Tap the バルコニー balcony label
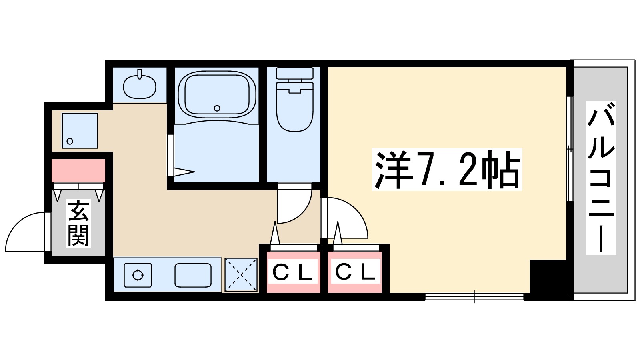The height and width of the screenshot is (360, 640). tap(601, 178)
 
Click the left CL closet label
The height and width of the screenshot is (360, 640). tap(293, 273)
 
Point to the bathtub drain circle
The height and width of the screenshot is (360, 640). tap(217, 108)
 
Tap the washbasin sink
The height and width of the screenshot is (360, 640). tap(139, 86)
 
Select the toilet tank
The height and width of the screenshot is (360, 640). tap(295, 73)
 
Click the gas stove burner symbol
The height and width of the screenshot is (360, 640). tap(138, 275)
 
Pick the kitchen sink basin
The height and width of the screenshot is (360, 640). tap(193, 275)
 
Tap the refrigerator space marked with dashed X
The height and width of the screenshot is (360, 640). tap(241, 275)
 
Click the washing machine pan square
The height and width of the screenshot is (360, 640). tap(80, 131)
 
